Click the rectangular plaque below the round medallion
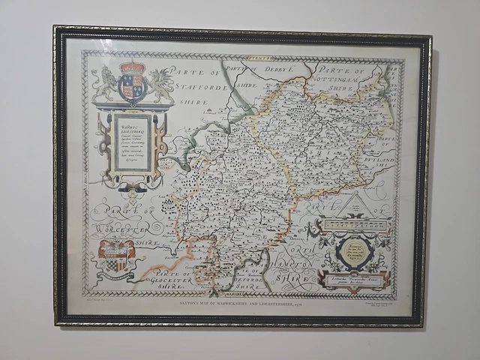354,280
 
